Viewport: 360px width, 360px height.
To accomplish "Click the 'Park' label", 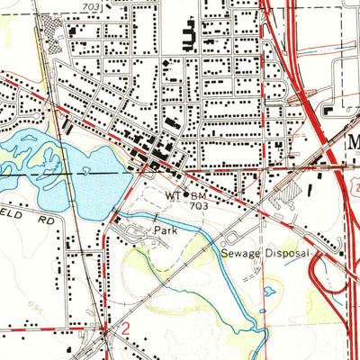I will pos(162,230).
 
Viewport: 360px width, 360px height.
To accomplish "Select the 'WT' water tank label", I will pos(172,194).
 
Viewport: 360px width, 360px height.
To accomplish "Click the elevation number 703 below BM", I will pos(200,205).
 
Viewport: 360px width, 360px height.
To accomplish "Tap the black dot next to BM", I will pos(186,194).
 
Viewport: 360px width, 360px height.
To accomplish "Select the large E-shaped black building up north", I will pos(190,37).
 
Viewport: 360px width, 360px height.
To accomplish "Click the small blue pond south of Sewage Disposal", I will pos(269,291).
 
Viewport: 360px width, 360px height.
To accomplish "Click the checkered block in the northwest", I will pos(57,40).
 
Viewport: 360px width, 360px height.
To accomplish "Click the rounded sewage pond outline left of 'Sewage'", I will pos(230,239).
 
